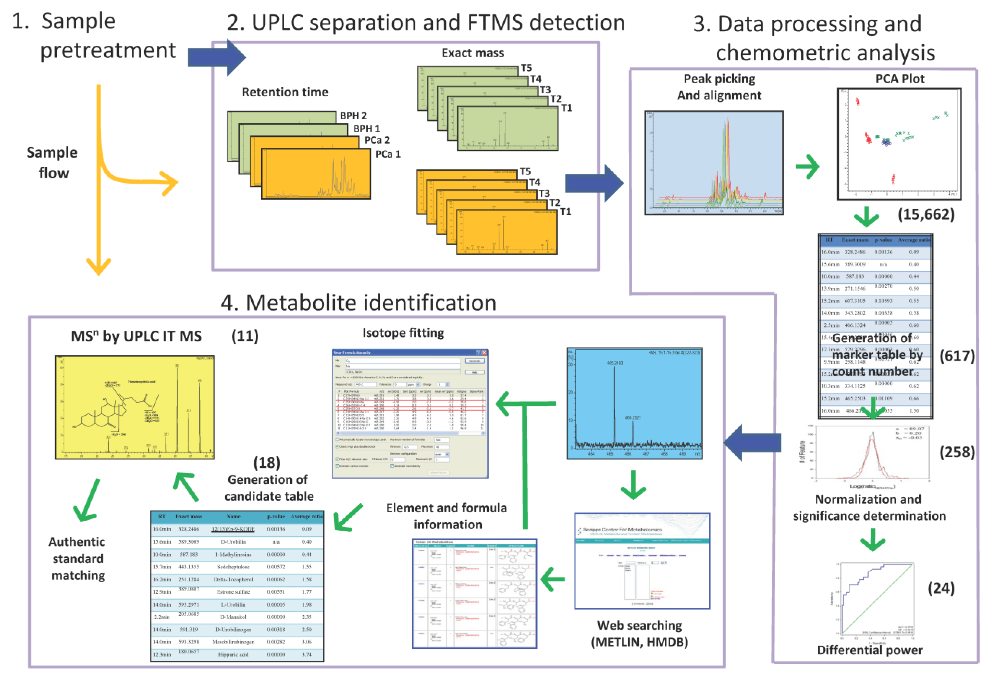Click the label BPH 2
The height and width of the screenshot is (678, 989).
(x=353, y=116)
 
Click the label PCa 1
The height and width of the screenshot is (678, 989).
(x=387, y=154)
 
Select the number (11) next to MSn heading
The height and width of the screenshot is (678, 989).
(x=245, y=336)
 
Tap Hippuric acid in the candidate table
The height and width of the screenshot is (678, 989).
(x=233, y=654)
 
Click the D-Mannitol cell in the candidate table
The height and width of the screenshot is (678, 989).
(x=233, y=617)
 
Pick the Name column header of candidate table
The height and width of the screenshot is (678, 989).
(x=233, y=516)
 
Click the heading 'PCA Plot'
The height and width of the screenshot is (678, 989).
(x=900, y=79)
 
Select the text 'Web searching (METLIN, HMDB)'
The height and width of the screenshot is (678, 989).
(x=639, y=633)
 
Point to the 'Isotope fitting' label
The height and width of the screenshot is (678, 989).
(x=403, y=332)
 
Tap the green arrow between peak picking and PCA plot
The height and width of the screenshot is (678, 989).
(x=807, y=167)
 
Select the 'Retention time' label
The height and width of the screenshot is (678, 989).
(x=285, y=92)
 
